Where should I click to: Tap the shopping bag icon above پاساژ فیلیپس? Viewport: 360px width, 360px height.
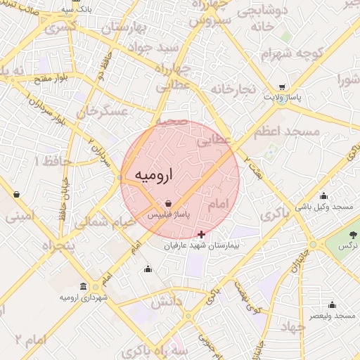[167, 205]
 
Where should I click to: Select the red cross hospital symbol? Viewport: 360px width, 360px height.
[202, 233]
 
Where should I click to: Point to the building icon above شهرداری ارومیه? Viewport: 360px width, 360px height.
[84, 287]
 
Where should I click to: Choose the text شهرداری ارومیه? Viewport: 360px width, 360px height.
[84, 298]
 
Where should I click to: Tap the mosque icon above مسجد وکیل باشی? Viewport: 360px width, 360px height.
[323, 196]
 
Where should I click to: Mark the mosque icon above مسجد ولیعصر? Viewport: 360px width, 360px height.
[333, 306]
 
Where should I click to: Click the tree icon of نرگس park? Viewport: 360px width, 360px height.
[353, 233]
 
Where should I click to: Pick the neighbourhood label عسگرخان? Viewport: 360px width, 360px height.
[103, 112]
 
